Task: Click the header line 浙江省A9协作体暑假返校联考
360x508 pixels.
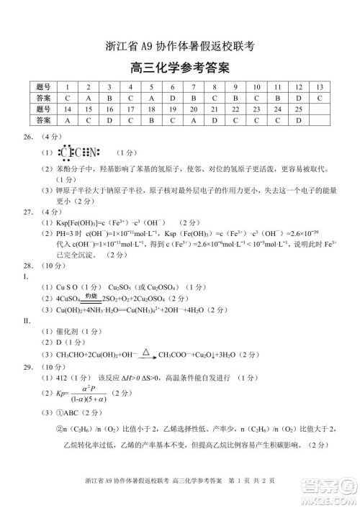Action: pos(180,47)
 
